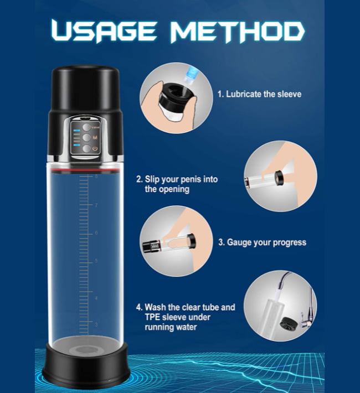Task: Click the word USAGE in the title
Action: [104, 31]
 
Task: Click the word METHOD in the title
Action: [238, 31]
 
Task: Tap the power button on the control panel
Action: [87, 148]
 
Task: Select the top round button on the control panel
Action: [87, 127]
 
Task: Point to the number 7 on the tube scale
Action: [96, 205]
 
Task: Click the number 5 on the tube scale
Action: [96, 261]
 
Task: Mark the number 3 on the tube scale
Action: [96, 324]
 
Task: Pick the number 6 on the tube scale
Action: [96, 233]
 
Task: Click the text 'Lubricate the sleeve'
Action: [264, 94]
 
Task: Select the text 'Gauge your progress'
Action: [266, 242]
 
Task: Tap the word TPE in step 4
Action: [152, 317]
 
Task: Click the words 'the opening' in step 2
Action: [167, 189]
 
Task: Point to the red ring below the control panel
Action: [85, 170]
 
